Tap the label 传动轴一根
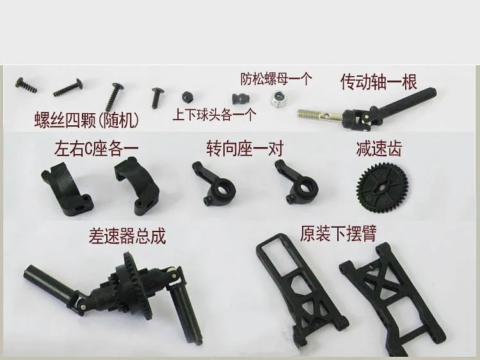(379, 82)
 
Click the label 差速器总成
(127, 236)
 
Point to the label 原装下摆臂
(338, 233)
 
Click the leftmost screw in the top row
(26, 85)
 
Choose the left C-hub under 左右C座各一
(67, 189)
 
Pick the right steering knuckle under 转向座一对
(296, 182)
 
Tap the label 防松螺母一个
(276, 79)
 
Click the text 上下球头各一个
(214, 115)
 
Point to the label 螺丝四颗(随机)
(86, 120)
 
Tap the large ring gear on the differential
(137, 286)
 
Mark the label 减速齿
(379, 148)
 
